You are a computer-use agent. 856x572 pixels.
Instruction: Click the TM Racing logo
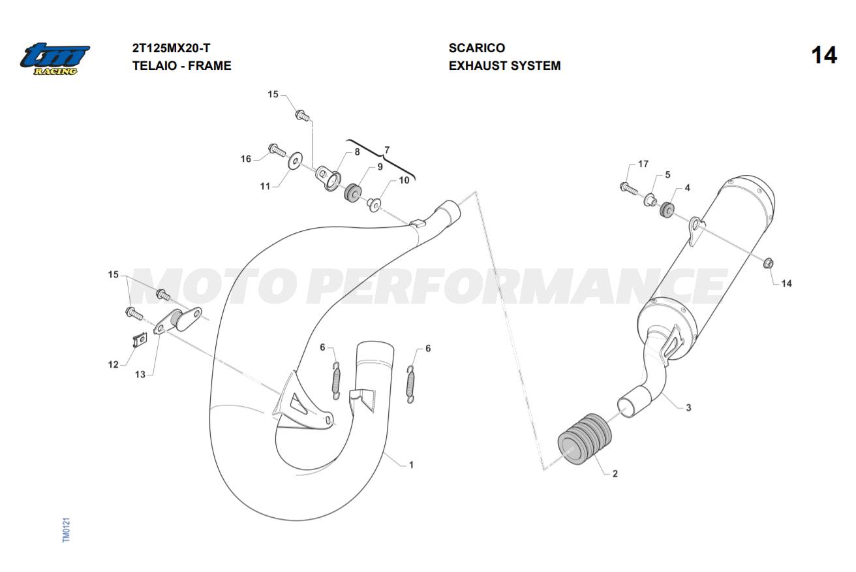(x=55, y=59)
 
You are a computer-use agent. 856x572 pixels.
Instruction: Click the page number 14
(x=824, y=56)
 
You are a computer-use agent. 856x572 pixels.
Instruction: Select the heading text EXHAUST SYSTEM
(x=504, y=66)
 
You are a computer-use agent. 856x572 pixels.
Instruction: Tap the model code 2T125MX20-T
(x=171, y=48)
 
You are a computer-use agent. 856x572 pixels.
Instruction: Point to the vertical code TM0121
(x=66, y=530)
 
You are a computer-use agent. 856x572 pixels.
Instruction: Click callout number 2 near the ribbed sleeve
(x=615, y=474)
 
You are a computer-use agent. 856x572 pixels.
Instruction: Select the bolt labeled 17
(x=628, y=188)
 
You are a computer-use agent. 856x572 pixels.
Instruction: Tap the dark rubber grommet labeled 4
(x=667, y=210)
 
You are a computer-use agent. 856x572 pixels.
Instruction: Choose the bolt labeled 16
(x=277, y=150)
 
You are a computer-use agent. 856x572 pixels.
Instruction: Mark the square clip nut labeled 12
(x=140, y=340)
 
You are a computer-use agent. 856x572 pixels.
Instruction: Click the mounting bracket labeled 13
(x=177, y=320)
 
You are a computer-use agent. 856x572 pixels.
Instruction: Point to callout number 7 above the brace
(x=387, y=150)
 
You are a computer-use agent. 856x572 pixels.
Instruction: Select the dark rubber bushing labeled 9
(x=352, y=193)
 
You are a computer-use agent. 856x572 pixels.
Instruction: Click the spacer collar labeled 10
(x=374, y=204)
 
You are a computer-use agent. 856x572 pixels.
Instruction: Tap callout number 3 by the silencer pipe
(x=688, y=407)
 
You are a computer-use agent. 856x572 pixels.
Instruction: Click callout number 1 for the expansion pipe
(x=411, y=465)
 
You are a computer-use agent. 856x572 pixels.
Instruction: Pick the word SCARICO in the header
(x=476, y=48)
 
